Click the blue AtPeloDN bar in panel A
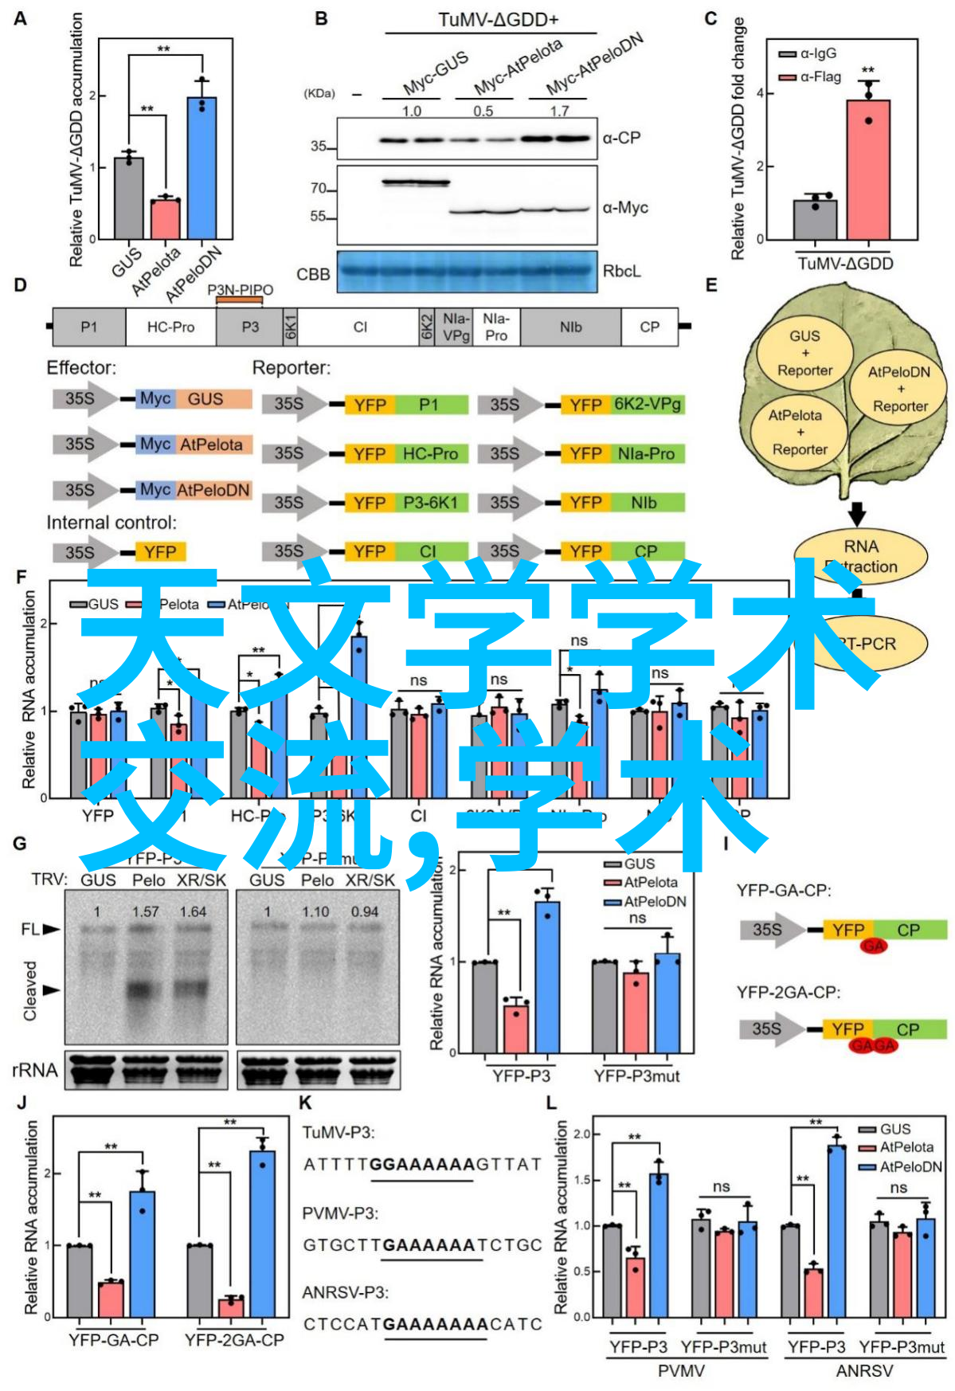(202, 167)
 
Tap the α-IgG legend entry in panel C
(808, 54)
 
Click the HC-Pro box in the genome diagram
(170, 327)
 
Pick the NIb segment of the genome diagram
(570, 327)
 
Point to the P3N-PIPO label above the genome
(240, 290)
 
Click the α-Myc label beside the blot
(625, 208)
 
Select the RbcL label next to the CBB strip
(621, 272)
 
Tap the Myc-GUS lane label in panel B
(435, 73)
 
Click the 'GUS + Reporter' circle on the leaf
(804, 353)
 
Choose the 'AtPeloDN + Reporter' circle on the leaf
(900, 389)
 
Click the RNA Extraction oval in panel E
(861, 556)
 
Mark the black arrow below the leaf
(857, 513)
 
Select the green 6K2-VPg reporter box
(648, 405)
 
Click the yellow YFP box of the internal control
(160, 552)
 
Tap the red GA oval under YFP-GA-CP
(873, 946)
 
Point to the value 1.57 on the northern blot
(146, 911)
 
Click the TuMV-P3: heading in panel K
(339, 1132)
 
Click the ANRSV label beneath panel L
(864, 1371)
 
